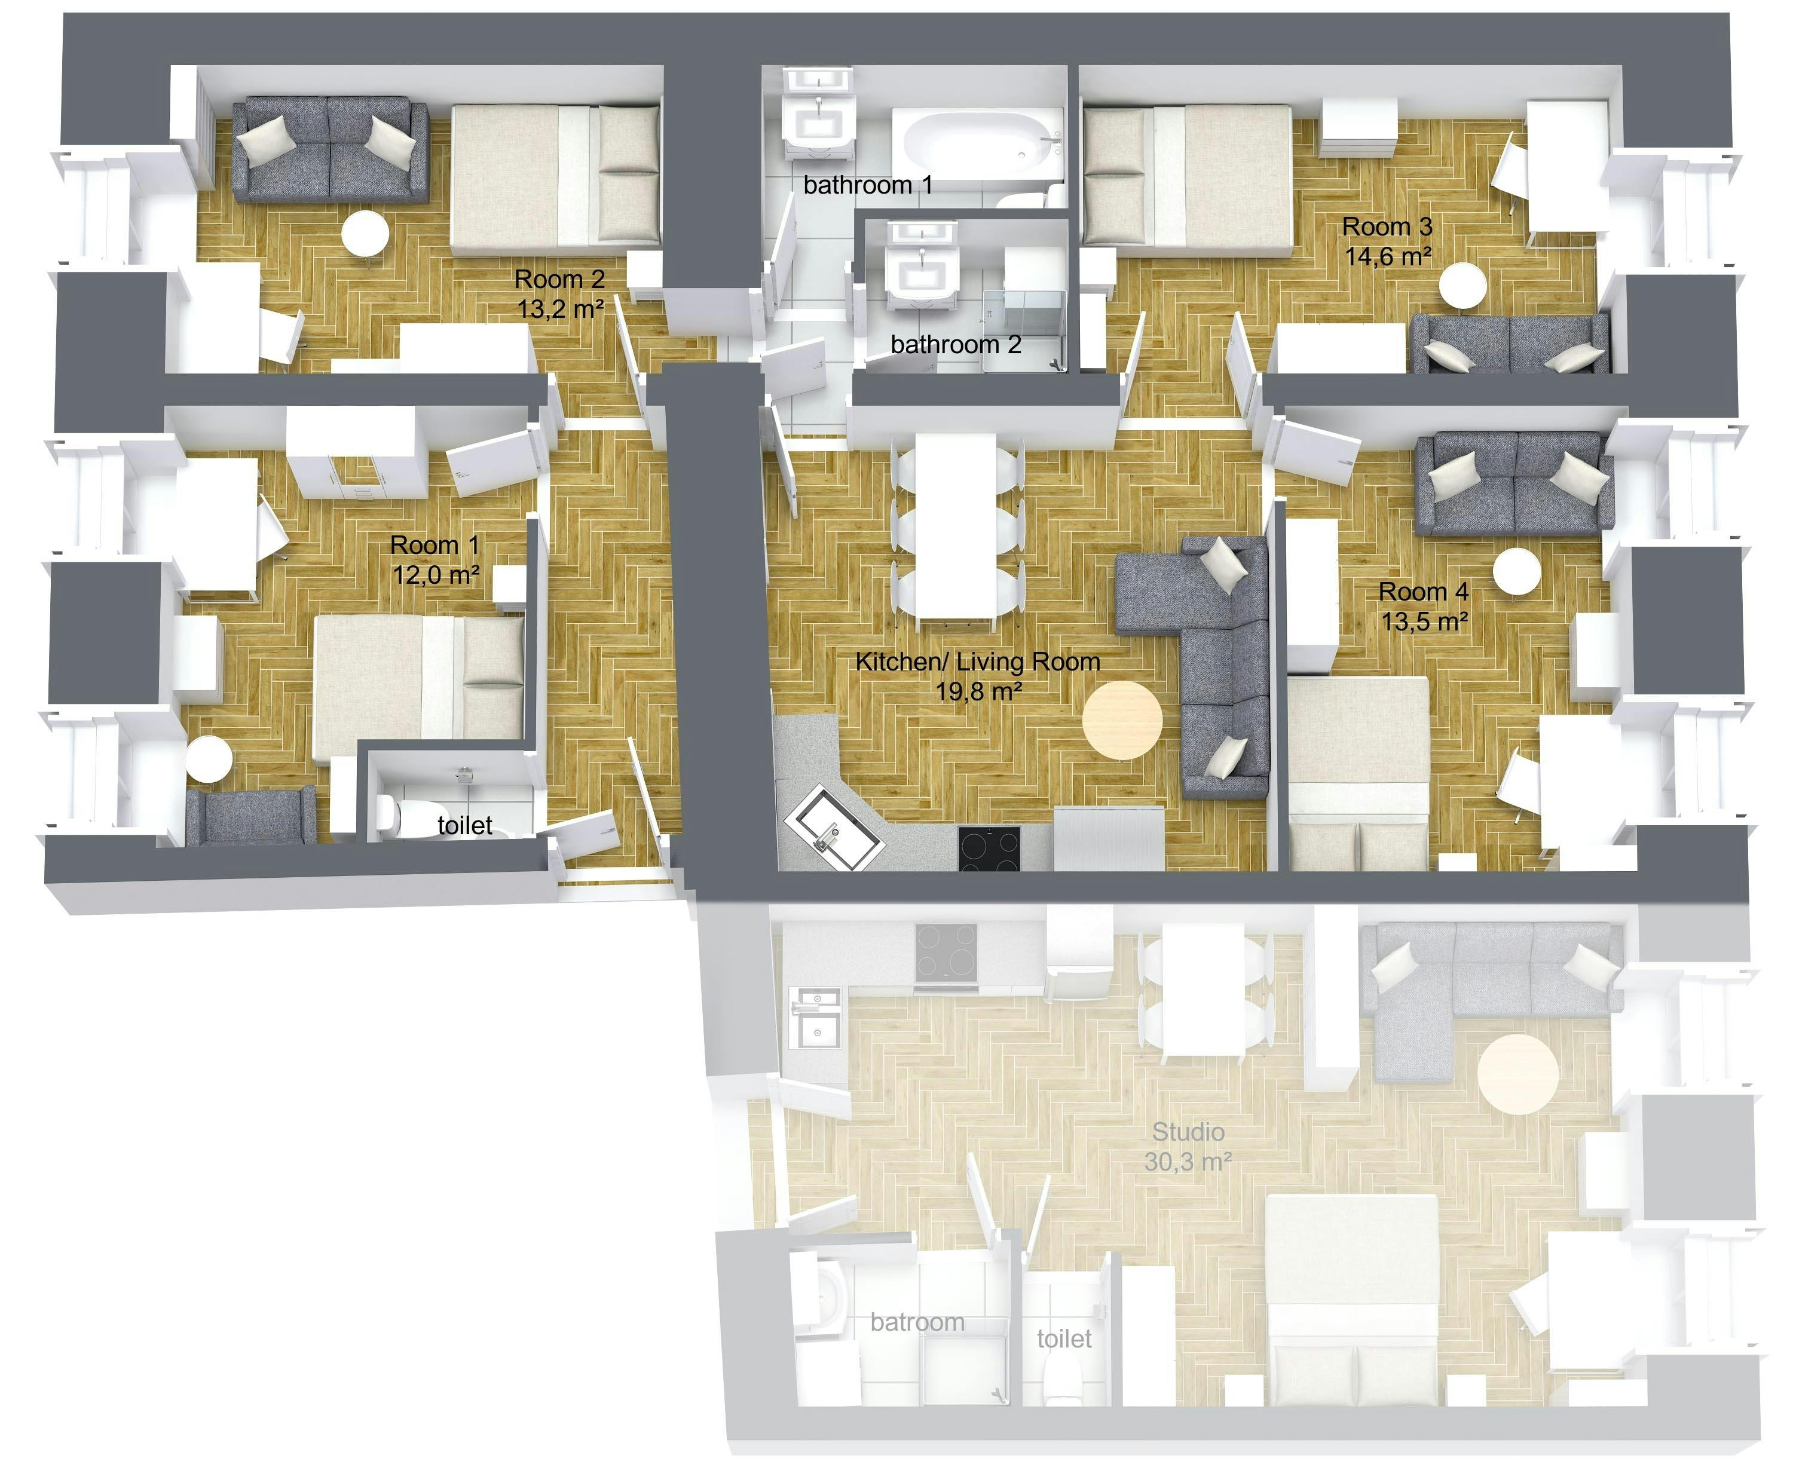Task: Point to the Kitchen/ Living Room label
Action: click(977, 661)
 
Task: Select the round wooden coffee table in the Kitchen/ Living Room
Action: click(1122, 721)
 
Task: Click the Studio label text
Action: click(1188, 1132)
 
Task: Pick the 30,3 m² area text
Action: click(1188, 1162)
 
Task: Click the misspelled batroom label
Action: click(917, 1322)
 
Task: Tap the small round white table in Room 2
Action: click(365, 233)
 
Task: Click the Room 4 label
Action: click(1424, 592)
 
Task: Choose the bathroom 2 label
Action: click(956, 344)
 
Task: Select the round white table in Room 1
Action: click(209, 761)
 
